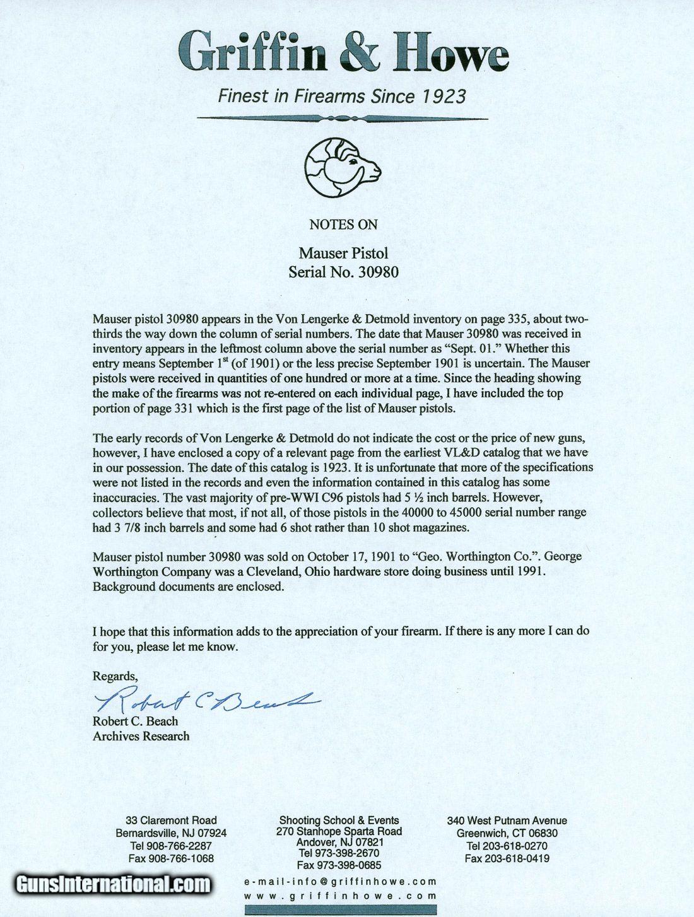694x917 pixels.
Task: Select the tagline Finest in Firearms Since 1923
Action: (x=342, y=96)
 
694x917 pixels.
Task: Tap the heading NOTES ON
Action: (x=343, y=224)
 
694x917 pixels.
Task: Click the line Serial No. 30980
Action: (x=343, y=272)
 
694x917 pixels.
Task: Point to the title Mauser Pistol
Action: (x=343, y=253)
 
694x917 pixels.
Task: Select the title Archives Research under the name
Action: (x=141, y=735)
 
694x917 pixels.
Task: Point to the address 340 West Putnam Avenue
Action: (x=507, y=821)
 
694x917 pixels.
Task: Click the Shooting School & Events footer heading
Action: (x=339, y=820)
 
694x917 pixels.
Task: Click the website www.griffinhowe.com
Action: (x=340, y=896)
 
